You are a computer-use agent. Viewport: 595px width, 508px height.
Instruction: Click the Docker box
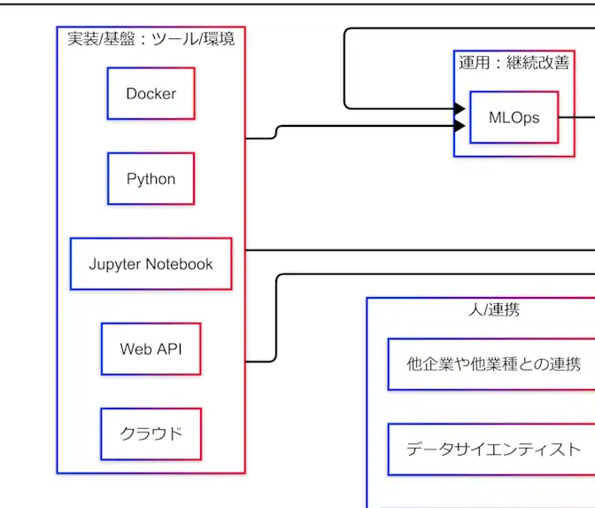[151, 94]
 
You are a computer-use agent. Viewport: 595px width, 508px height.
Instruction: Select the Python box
[151, 179]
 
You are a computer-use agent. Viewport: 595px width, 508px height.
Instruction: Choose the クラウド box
[151, 434]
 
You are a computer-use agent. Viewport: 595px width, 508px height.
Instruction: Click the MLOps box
[514, 118]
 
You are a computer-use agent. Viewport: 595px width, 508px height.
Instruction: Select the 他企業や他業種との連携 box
[493, 363]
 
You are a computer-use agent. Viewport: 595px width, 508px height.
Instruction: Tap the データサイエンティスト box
[493, 449]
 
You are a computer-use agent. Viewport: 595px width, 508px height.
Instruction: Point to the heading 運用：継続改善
[514, 63]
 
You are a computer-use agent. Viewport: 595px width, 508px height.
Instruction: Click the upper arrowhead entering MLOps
[460, 109]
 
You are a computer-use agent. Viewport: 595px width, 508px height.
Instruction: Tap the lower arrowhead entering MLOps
[460, 126]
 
